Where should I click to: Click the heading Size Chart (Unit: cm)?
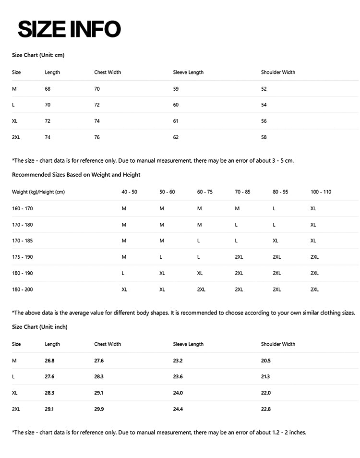point(38,55)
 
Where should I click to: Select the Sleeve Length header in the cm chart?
point(188,72)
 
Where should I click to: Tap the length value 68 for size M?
point(48,89)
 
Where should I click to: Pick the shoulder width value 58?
point(264,137)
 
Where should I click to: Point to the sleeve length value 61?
point(176,121)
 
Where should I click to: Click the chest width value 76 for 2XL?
point(97,137)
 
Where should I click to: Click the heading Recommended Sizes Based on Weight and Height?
point(76,175)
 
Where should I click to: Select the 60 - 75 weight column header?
point(205,192)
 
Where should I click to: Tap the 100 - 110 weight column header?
point(321,192)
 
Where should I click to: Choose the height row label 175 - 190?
point(23,257)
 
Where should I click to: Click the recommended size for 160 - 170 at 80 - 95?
point(274,208)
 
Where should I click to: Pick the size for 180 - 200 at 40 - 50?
point(124,289)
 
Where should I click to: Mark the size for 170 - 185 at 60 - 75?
point(199,241)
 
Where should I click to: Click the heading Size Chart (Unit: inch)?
point(39,327)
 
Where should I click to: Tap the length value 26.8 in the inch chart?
point(49,361)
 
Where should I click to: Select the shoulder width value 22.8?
point(266,409)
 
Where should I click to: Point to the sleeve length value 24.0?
point(178,393)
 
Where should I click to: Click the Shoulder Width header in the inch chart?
point(278,344)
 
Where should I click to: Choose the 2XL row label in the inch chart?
point(16,409)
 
